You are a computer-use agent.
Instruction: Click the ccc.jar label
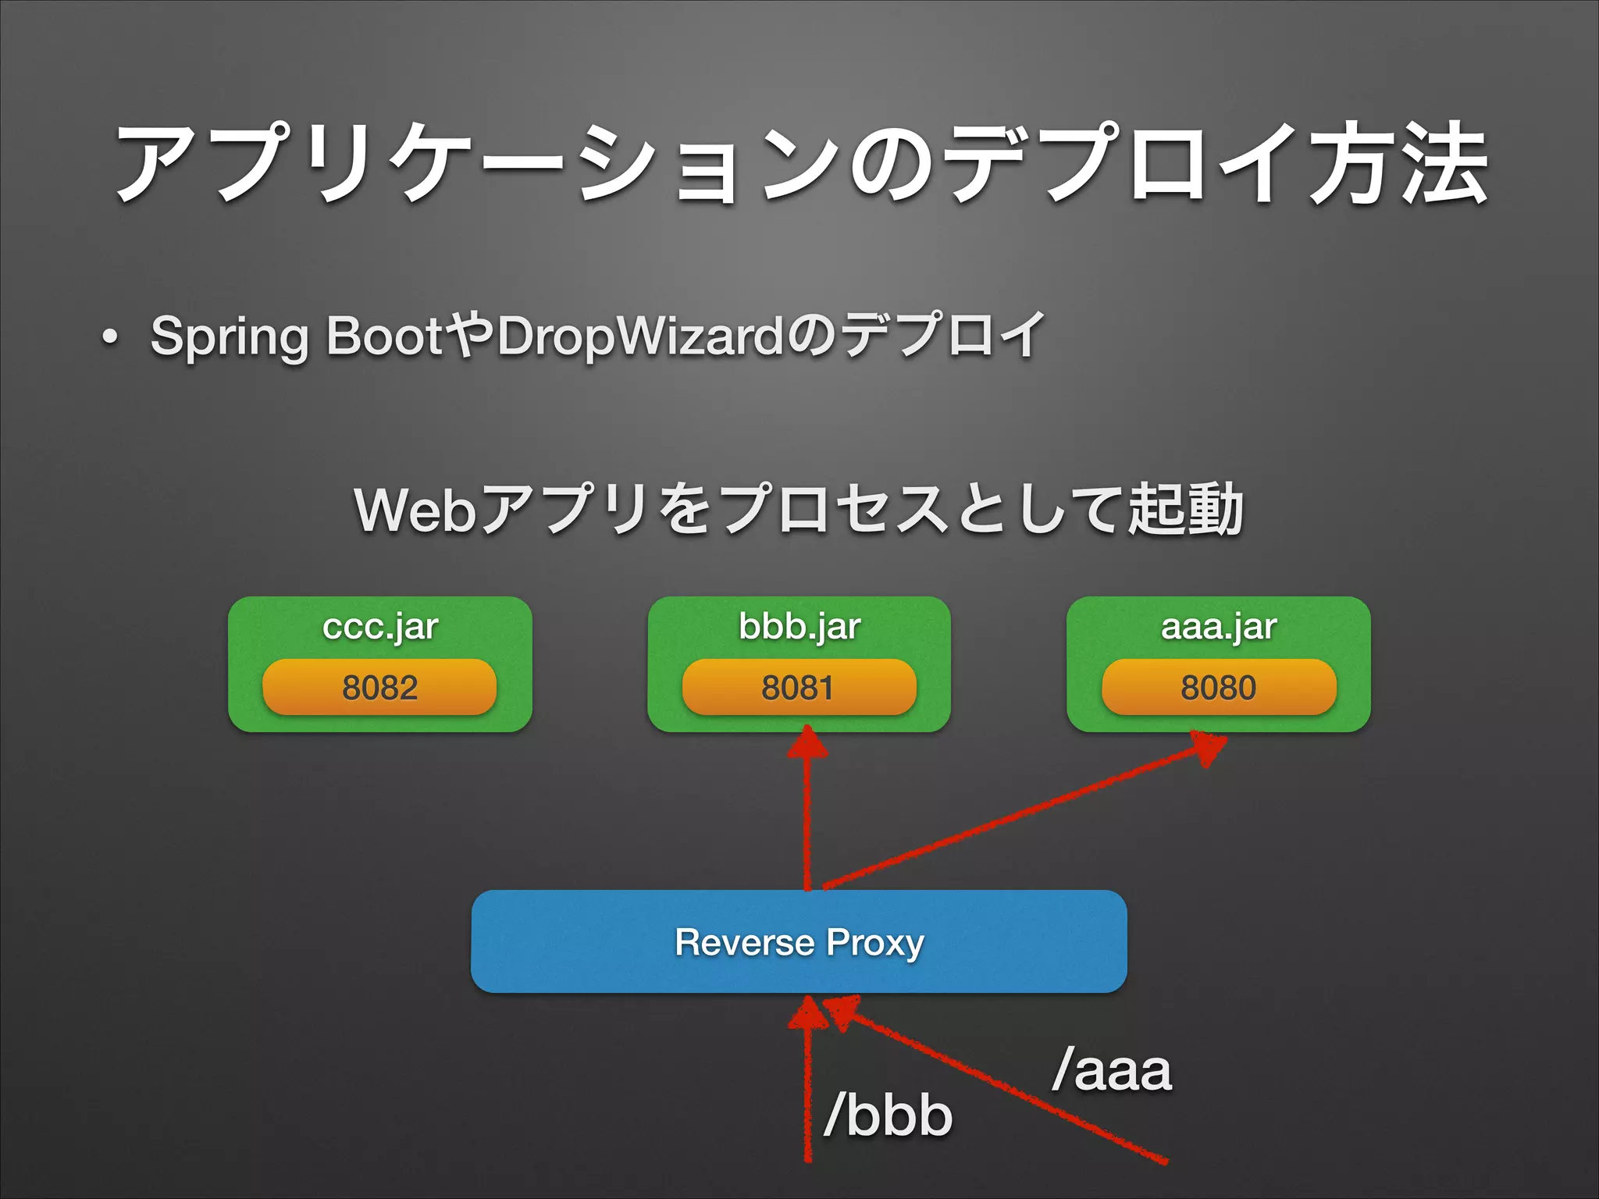tap(380, 626)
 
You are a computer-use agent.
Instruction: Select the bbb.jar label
tap(799, 626)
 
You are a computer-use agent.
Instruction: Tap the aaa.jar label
tap(1219, 626)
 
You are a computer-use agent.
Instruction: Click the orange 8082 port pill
tap(379, 687)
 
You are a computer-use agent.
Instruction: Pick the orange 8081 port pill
tap(799, 687)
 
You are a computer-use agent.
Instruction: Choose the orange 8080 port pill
tap(1219, 687)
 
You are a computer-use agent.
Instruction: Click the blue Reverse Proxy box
tap(799, 941)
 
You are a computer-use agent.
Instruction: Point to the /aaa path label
tap(1112, 1070)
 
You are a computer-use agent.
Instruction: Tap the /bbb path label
tap(889, 1114)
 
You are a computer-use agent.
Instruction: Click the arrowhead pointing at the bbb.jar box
tap(807, 742)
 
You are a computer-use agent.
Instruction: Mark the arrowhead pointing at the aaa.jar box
tap(1206, 747)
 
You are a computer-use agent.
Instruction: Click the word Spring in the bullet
tap(230, 337)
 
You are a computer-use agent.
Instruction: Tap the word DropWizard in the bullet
tap(640, 337)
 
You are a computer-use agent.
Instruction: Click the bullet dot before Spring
tap(110, 338)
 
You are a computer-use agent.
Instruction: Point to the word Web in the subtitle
tap(415, 511)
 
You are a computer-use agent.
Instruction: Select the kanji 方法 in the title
tap(1398, 165)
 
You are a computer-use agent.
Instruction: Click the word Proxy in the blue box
tap(875, 943)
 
